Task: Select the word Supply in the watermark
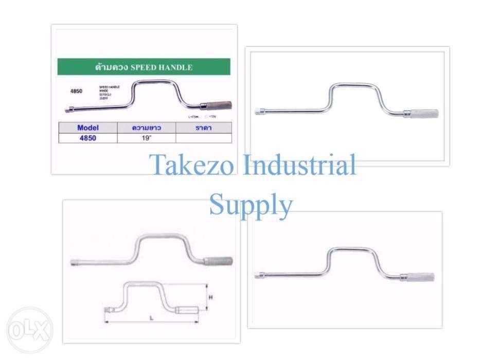251,205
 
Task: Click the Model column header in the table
87,128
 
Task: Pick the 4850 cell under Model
87,138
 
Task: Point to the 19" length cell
147,138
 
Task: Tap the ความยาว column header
147,128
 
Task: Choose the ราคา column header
204,128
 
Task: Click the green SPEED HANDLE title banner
144,67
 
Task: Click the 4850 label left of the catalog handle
76,91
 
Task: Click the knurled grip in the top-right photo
422,113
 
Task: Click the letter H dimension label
210,298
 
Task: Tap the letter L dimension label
152,318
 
